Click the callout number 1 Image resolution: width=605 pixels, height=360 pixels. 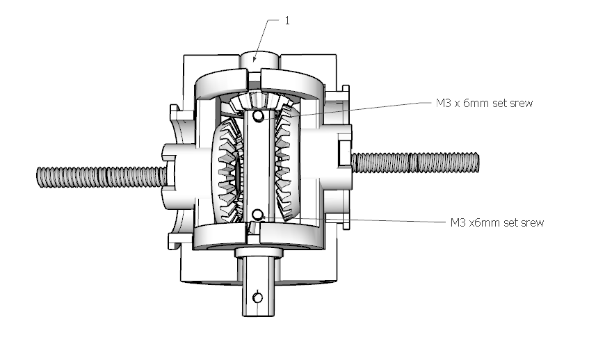coord(287,21)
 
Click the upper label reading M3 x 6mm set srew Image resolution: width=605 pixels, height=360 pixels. coord(484,104)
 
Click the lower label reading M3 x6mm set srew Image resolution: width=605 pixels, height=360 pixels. coord(497,223)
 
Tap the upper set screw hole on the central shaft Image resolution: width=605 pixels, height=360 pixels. coord(258,115)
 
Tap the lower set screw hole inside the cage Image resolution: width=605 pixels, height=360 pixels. coord(257,215)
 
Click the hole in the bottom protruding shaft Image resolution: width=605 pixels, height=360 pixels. coord(258,297)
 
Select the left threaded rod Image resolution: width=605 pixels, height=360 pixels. coord(102,177)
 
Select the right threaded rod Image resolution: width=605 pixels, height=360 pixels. coord(415,163)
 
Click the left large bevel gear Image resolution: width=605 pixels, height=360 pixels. coord(227,170)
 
